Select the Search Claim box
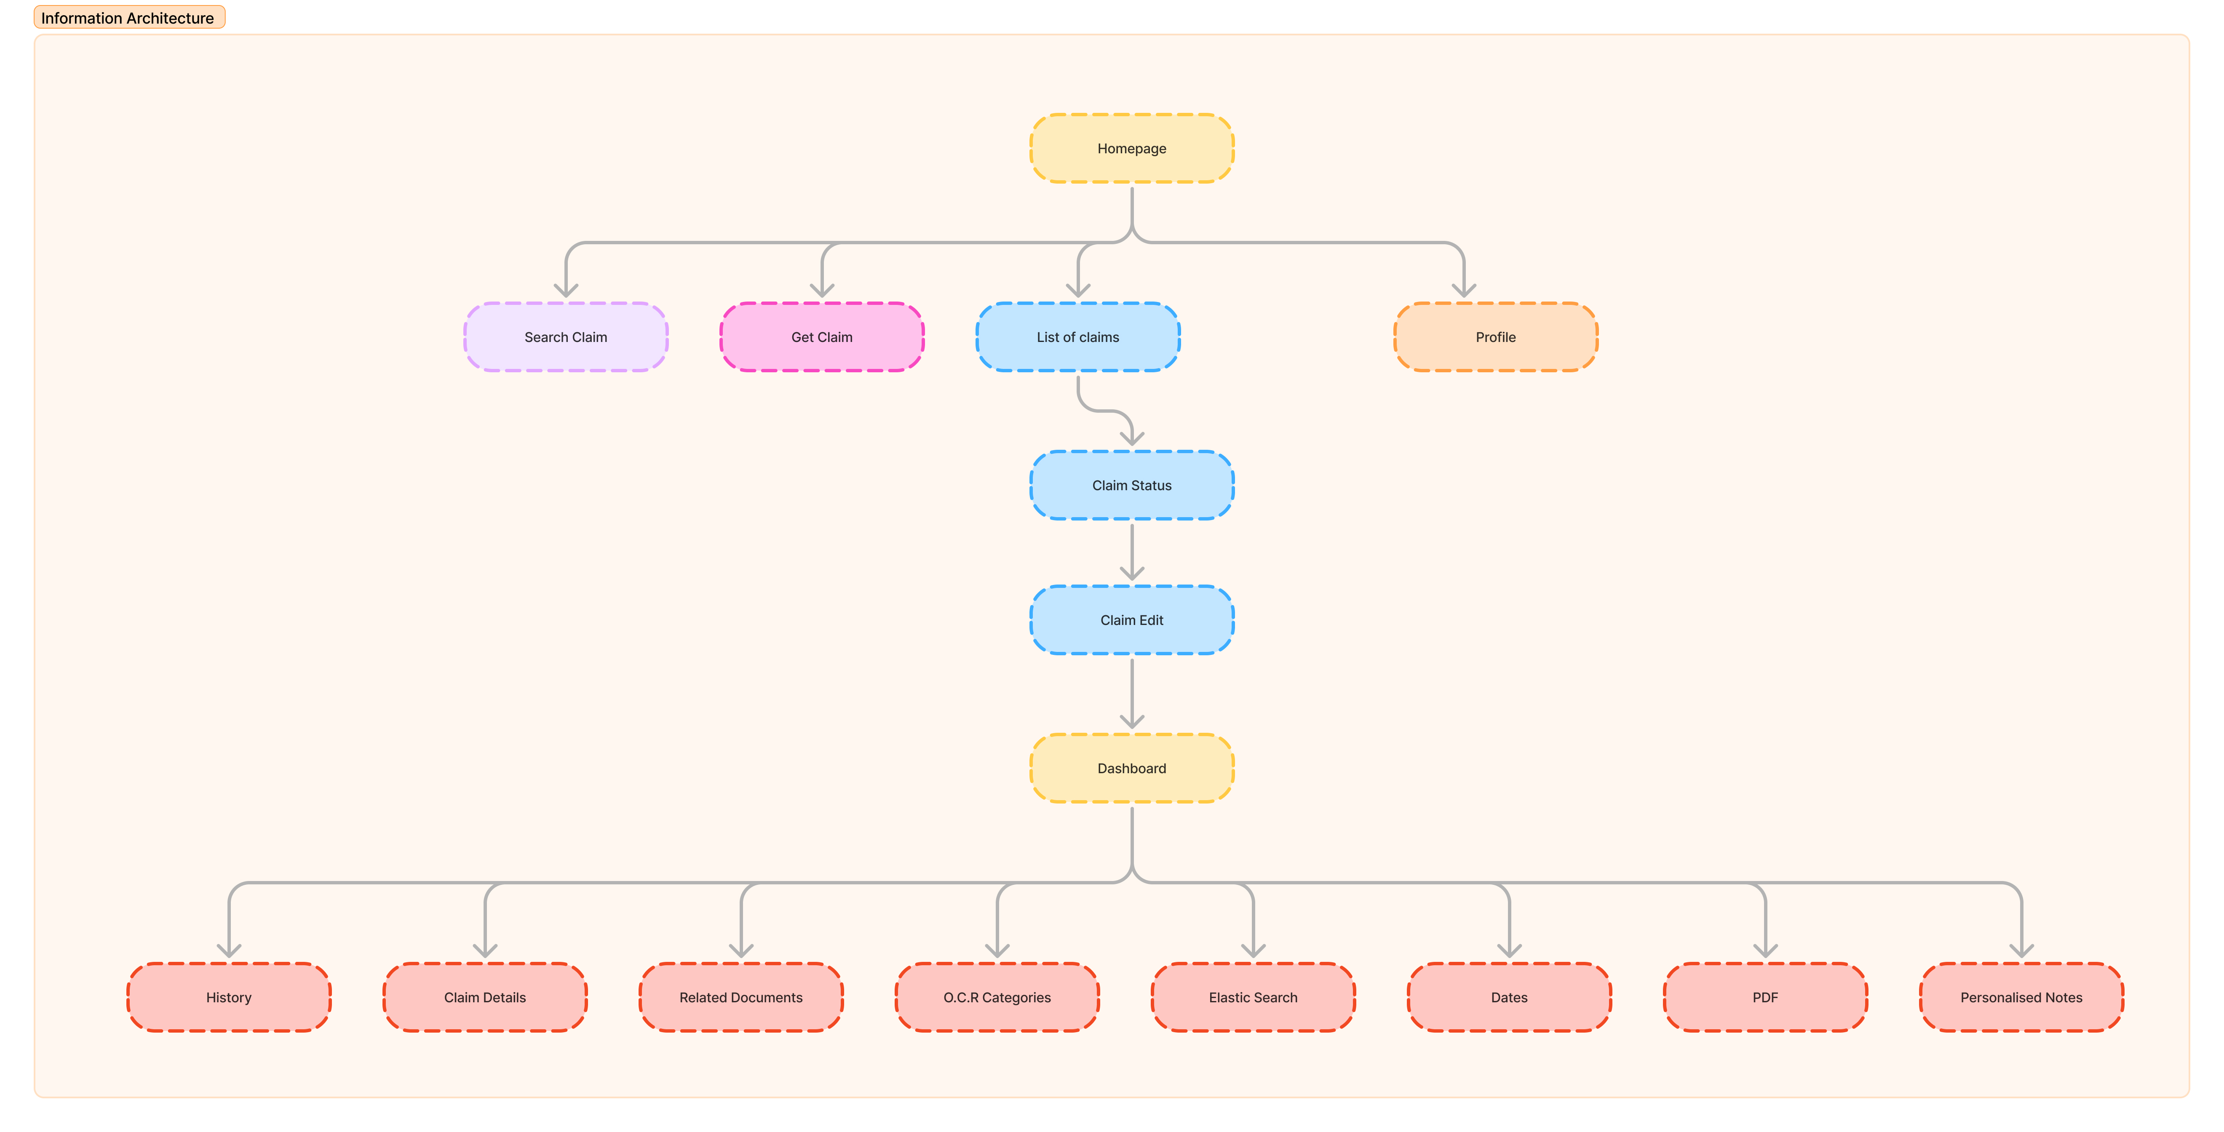point(566,337)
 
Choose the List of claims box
point(1077,337)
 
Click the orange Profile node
point(1495,337)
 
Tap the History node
point(229,997)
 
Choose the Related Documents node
point(741,997)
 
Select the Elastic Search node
point(1253,997)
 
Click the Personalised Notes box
point(2021,997)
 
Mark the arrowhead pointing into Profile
point(1463,291)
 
